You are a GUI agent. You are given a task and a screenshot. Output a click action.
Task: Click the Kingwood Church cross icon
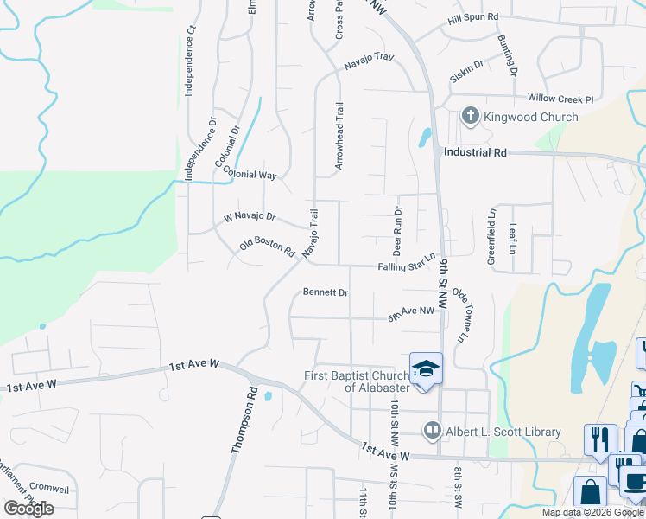tap(471, 117)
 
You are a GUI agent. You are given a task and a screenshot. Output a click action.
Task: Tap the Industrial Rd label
tap(474, 152)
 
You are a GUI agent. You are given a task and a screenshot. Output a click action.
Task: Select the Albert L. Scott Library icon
tap(432, 430)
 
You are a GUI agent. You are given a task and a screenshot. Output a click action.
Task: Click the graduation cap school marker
tap(426, 369)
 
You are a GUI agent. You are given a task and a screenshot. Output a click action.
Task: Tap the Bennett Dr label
tap(326, 292)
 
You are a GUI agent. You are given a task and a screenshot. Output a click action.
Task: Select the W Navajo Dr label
tap(250, 216)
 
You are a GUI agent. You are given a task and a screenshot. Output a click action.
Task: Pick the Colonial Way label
tap(249, 173)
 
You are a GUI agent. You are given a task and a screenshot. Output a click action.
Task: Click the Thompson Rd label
tap(244, 420)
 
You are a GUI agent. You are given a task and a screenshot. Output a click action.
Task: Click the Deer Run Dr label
tap(398, 230)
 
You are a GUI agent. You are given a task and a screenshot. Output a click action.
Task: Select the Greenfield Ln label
tap(491, 235)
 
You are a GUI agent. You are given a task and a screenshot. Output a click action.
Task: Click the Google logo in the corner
tap(28, 509)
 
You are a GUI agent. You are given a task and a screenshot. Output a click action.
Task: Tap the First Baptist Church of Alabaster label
tap(357, 381)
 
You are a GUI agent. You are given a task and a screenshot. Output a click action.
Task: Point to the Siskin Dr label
tap(466, 72)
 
